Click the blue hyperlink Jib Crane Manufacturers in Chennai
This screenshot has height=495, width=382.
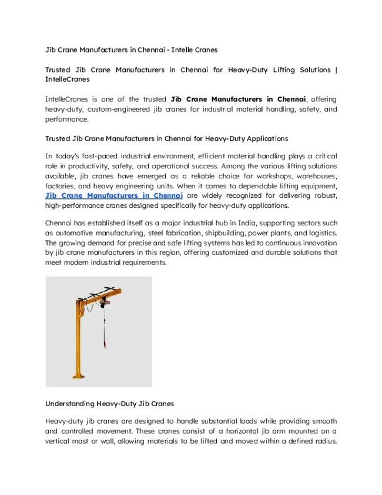tap(114, 195)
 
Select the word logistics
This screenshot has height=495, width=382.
tap(320, 233)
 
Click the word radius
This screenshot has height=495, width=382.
tap(322, 441)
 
